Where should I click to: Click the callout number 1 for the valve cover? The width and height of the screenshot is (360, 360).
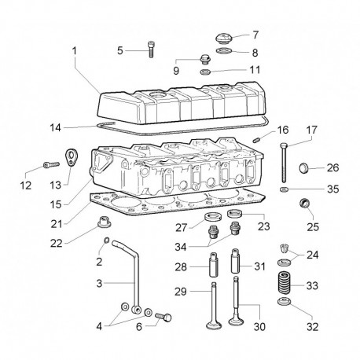[75, 51]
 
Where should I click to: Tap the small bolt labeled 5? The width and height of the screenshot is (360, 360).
[151, 50]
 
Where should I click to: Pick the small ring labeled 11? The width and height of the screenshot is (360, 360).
[205, 72]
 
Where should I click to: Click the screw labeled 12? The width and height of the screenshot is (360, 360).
[51, 165]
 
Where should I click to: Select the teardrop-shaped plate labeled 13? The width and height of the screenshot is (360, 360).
[71, 157]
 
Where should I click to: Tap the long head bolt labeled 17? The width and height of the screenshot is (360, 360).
[284, 163]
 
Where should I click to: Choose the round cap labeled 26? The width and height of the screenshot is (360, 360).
[303, 167]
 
